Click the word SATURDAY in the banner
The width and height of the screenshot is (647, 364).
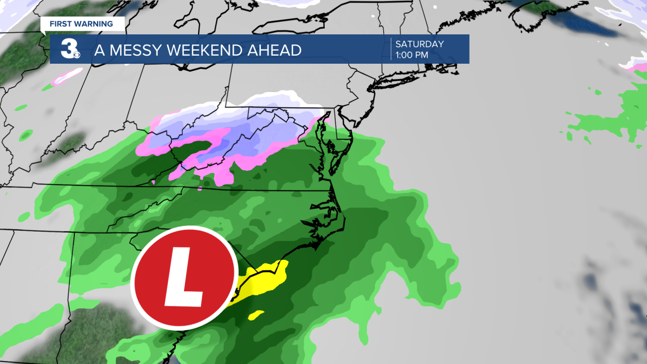[420, 44]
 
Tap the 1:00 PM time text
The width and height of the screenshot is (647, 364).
[412, 54]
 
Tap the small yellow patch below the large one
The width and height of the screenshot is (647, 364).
[256, 315]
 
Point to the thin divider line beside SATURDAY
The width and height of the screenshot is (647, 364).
[391, 49]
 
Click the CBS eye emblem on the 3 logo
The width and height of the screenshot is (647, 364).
[76, 53]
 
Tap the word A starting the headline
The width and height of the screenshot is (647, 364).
[99, 50]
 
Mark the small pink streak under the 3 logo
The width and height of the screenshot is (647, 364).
[69, 76]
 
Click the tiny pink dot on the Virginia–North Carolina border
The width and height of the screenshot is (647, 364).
[200, 190]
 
